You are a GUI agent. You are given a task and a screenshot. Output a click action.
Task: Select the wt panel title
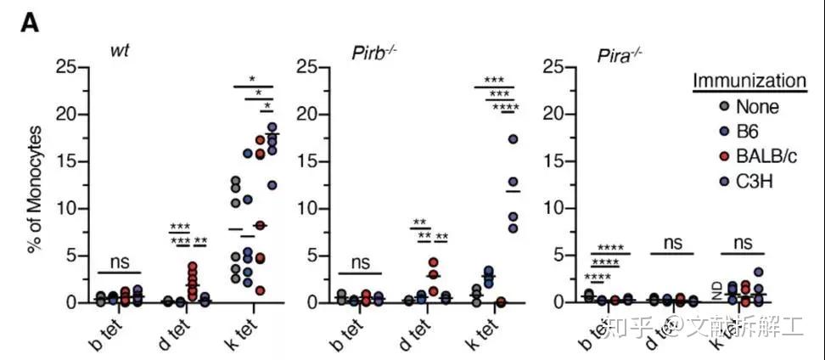[x=120, y=49]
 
